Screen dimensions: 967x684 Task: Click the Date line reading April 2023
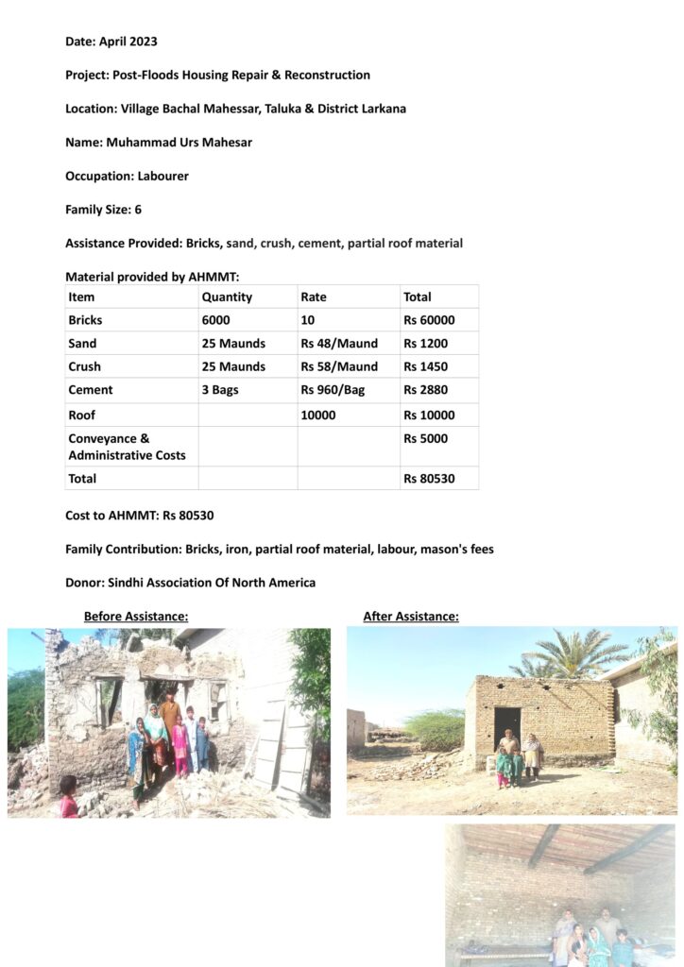coord(111,42)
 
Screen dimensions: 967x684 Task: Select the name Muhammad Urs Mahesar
coord(159,143)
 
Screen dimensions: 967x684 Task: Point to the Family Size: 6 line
coord(103,210)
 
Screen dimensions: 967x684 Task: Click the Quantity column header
coord(227,297)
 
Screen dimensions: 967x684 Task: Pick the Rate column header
coord(314,297)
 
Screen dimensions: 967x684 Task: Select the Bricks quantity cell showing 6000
coord(215,320)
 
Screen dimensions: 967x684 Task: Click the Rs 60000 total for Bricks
coord(429,320)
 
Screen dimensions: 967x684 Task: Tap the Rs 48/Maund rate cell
coord(339,344)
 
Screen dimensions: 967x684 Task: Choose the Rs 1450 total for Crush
coord(424,366)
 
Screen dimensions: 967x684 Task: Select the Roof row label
coord(81,415)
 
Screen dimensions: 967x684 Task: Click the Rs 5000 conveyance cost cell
coord(425,439)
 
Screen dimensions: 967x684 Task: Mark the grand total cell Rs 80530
coord(429,479)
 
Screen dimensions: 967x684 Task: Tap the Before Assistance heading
coord(136,617)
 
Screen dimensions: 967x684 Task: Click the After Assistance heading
coord(411,617)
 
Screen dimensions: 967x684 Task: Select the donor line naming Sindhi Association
coord(190,583)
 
